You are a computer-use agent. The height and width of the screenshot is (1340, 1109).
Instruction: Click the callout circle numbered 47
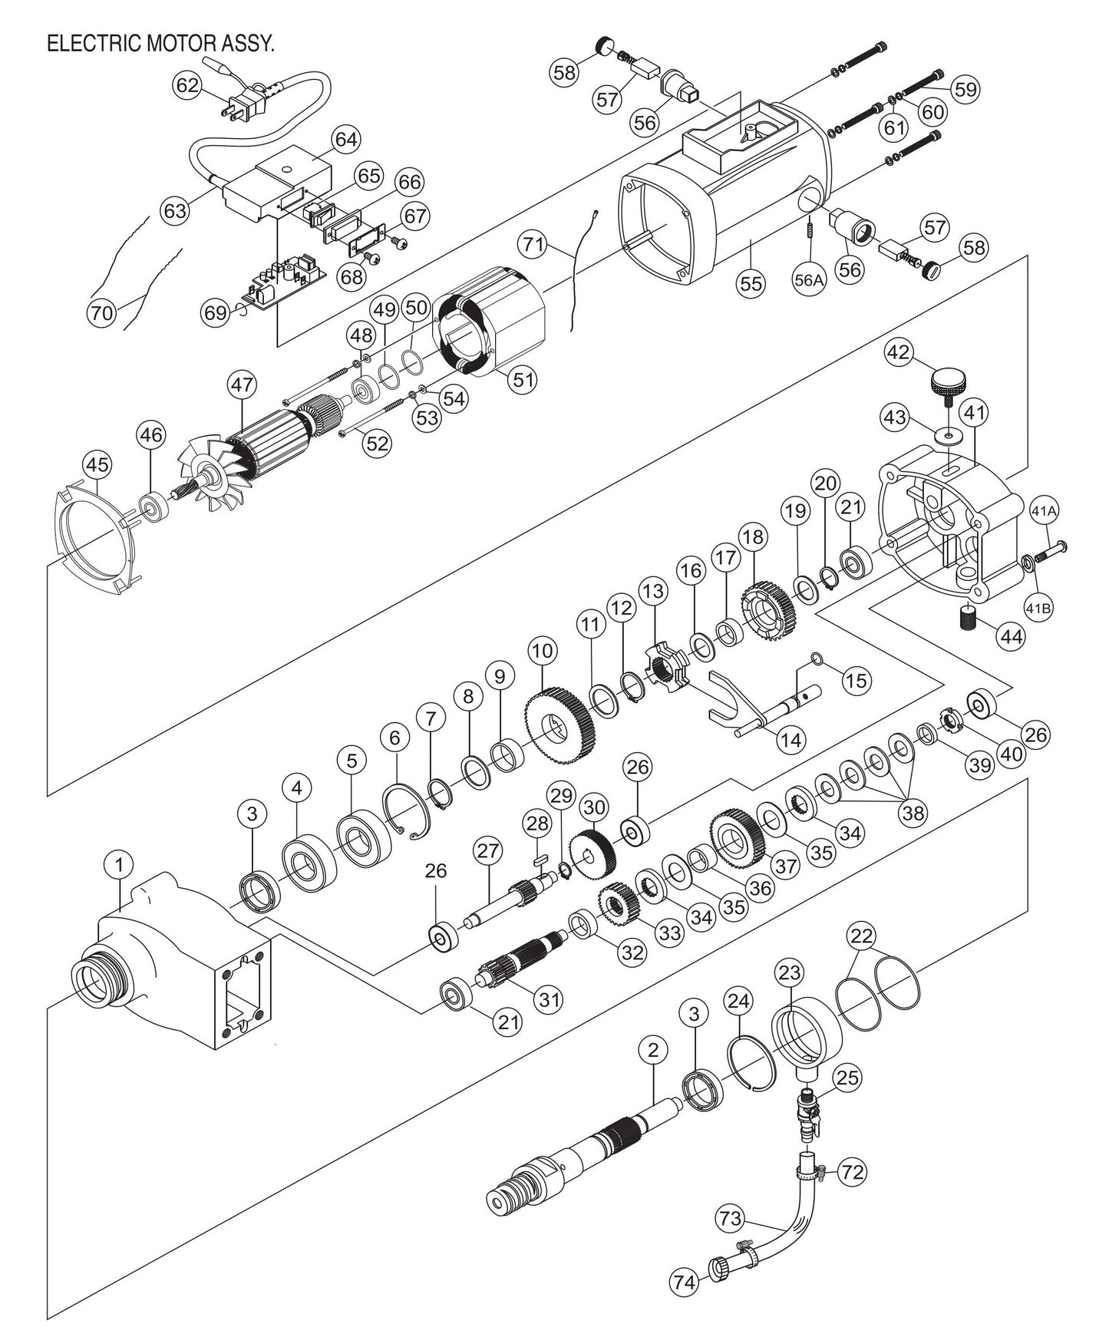click(x=242, y=386)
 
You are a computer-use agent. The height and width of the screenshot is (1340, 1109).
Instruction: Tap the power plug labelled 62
click(x=244, y=109)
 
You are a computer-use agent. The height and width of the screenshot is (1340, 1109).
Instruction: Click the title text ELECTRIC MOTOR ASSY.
click(x=160, y=44)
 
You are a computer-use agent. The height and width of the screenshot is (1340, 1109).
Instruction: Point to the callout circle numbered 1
click(x=119, y=865)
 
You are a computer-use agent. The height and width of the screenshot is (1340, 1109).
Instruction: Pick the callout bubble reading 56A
click(x=809, y=282)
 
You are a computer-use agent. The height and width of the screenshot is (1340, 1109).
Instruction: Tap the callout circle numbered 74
click(x=686, y=1282)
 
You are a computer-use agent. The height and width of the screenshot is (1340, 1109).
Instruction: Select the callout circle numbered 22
click(x=862, y=936)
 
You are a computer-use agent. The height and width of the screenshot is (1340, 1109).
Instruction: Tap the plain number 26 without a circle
click(x=435, y=871)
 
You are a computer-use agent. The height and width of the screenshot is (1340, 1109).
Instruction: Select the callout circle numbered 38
click(x=913, y=813)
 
